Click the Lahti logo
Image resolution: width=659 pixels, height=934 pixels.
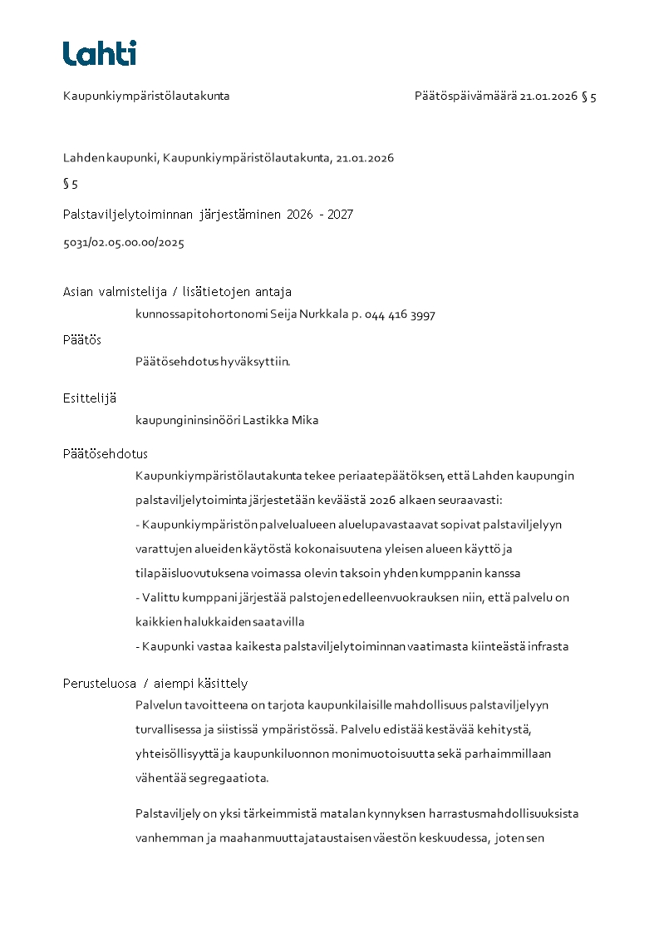pyautogui.click(x=100, y=53)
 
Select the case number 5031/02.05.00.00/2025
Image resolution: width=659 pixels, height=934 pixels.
pyautogui.click(x=123, y=244)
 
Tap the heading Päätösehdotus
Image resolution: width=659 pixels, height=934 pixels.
pyautogui.click(x=105, y=454)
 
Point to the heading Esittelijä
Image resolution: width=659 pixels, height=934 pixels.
pyautogui.click(x=90, y=398)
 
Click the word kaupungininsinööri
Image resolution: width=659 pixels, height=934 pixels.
pyautogui.click(x=188, y=421)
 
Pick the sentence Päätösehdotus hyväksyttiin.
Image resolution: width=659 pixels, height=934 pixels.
pyautogui.click(x=213, y=361)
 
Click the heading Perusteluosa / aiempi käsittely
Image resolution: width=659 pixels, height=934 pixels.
pyautogui.click(x=155, y=684)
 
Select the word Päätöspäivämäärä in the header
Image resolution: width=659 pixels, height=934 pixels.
pyautogui.click(x=465, y=96)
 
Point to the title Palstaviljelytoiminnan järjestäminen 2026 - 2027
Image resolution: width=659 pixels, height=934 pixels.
pyautogui.click(x=208, y=215)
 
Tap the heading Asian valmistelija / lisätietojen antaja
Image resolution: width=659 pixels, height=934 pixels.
pyautogui.click(x=177, y=292)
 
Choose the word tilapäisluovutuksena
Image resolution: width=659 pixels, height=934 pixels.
pyautogui.click(x=190, y=574)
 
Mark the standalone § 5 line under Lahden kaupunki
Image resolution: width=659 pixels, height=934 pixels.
pyautogui.click(x=71, y=185)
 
